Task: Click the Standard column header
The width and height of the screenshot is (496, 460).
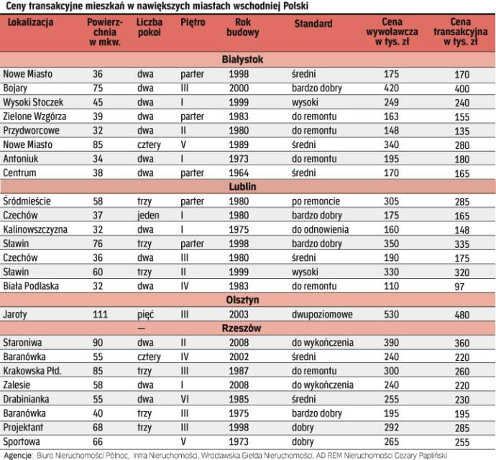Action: tap(313, 24)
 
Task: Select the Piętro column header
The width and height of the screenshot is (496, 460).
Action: tap(193, 24)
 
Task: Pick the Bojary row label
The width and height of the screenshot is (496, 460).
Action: tap(16, 88)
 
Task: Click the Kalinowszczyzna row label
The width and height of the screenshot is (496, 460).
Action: tap(35, 229)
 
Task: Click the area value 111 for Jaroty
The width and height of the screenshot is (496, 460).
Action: tap(101, 314)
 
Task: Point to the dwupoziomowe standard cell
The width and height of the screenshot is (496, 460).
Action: tap(321, 314)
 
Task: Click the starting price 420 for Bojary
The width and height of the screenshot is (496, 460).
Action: tap(391, 88)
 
